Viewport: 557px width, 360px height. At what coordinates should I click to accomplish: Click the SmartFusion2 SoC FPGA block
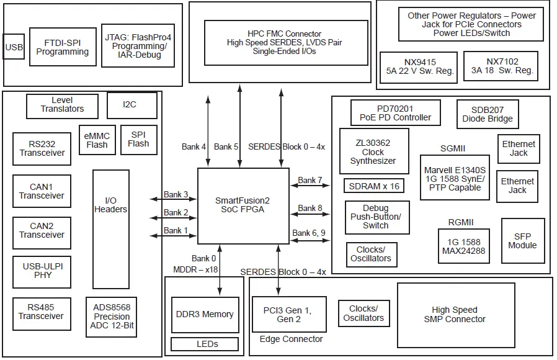pyautogui.click(x=243, y=205)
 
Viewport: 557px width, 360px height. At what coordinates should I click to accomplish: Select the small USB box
pyautogui.click(x=14, y=47)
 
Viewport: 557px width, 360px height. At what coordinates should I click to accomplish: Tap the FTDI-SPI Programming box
pyautogui.click(x=63, y=47)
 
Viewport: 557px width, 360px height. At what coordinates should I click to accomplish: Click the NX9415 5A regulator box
pyautogui.click(x=420, y=66)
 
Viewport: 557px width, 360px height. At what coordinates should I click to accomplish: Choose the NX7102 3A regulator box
pyautogui.click(x=501, y=66)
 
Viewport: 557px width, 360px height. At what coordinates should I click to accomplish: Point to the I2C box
pyautogui.click(x=130, y=105)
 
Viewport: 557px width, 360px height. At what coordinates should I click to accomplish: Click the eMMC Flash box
pyautogui.click(x=97, y=140)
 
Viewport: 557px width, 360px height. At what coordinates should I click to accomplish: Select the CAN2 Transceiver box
pyautogui.click(x=42, y=231)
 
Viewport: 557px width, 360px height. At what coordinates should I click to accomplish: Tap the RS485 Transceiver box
pyautogui.click(x=42, y=312)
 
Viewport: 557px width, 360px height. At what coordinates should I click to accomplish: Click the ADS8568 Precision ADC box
pyautogui.click(x=112, y=317)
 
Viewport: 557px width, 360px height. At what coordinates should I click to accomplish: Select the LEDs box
pyautogui.click(x=204, y=344)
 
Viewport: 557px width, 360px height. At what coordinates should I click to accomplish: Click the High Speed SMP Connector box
pyautogui.click(x=455, y=314)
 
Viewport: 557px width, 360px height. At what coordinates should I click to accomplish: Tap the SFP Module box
pyautogui.click(x=522, y=241)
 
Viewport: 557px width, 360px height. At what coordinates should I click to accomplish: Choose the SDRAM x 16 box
pyautogui.click(x=374, y=186)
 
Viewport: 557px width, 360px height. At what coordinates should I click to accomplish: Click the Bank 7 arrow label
pyautogui.click(x=310, y=181)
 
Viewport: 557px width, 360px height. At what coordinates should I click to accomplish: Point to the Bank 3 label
pyautogui.click(x=176, y=195)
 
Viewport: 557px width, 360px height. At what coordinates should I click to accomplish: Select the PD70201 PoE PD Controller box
pyautogui.click(x=394, y=113)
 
